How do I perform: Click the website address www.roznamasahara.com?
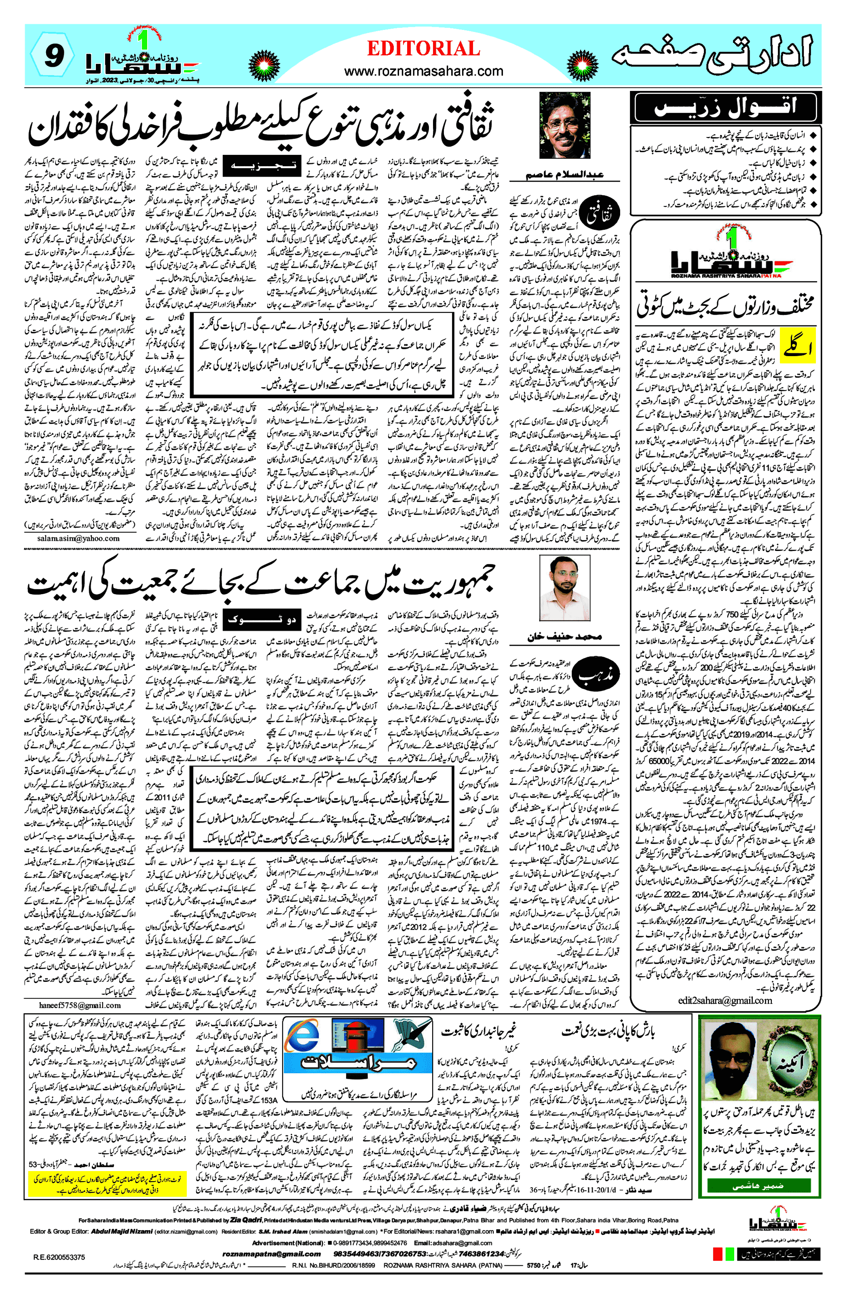coord(424,71)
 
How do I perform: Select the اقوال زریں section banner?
coord(725,107)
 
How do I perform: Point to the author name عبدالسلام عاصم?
coord(564,175)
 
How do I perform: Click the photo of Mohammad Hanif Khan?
coord(564,587)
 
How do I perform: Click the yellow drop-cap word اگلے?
coord(797,347)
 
